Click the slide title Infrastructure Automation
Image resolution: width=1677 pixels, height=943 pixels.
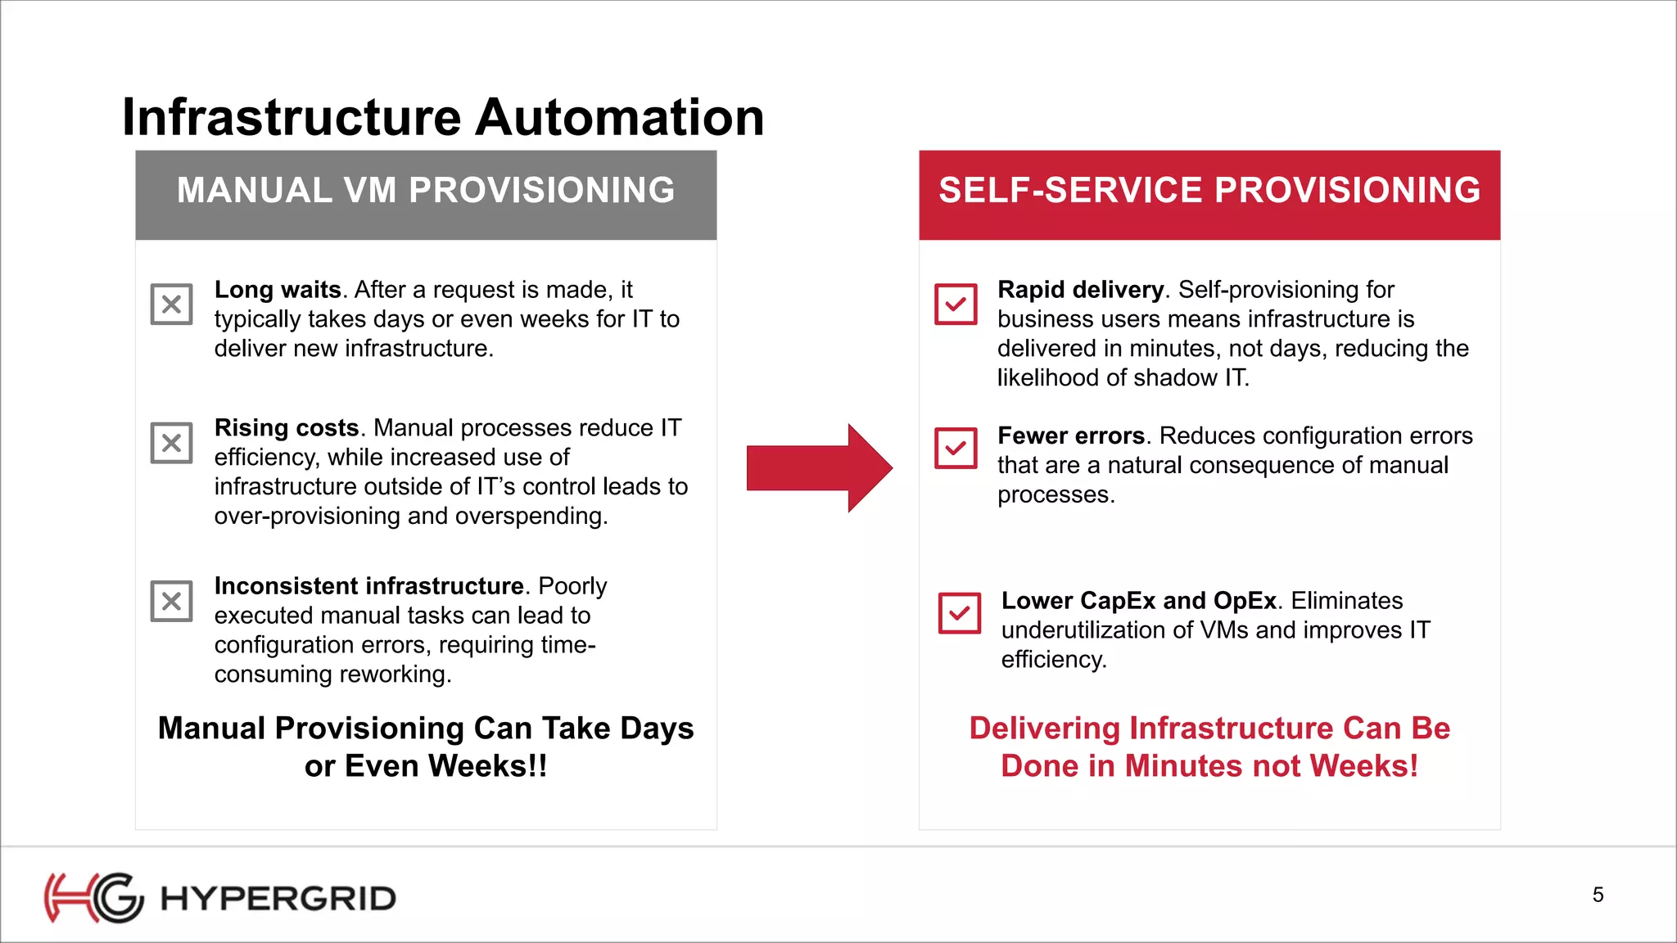pos(443,117)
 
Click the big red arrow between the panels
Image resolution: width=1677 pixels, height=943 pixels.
pos(819,468)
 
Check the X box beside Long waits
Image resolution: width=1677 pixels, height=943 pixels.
pos(171,305)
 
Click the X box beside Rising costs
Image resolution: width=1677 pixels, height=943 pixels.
pos(171,443)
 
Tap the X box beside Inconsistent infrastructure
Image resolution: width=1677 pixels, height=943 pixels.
pos(171,601)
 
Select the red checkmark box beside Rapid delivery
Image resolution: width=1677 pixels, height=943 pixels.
pos(956,305)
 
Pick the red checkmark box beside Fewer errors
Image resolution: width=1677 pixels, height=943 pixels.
pos(956,448)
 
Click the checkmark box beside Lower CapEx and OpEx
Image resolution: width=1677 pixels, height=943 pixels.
pos(959,613)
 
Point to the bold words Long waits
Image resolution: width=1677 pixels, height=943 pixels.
pos(278,290)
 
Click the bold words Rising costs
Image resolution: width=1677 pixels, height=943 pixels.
pos(287,428)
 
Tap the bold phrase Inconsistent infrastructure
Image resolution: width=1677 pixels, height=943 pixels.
pos(368,586)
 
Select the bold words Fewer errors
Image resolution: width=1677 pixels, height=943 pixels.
pos(1070,435)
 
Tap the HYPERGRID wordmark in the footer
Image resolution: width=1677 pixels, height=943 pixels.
pos(278,899)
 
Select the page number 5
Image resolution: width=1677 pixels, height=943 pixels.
pos(1598,895)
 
